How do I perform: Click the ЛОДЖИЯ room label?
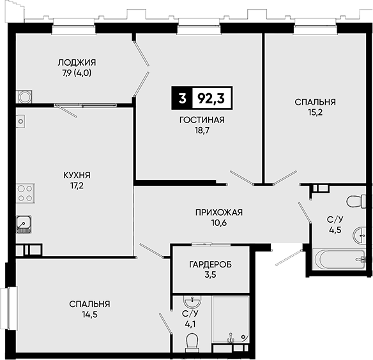(77, 63)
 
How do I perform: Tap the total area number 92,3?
(211, 98)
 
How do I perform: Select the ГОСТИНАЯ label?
(202, 120)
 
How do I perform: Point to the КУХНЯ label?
(77, 176)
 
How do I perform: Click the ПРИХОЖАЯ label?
(219, 213)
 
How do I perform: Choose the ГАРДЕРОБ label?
(211, 264)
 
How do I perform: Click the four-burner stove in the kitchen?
(26, 193)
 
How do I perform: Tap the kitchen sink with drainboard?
(24, 225)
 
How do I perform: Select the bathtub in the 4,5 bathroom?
(339, 259)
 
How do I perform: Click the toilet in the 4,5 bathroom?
(356, 202)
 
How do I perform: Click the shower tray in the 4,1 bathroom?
(231, 320)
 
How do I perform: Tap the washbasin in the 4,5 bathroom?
(360, 235)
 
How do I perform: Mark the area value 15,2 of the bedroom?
(315, 112)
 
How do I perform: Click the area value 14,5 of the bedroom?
(89, 315)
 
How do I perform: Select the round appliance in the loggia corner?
(24, 97)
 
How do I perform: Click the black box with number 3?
(182, 98)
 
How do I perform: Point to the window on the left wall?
(9, 308)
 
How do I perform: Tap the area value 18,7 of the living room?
(202, 131)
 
